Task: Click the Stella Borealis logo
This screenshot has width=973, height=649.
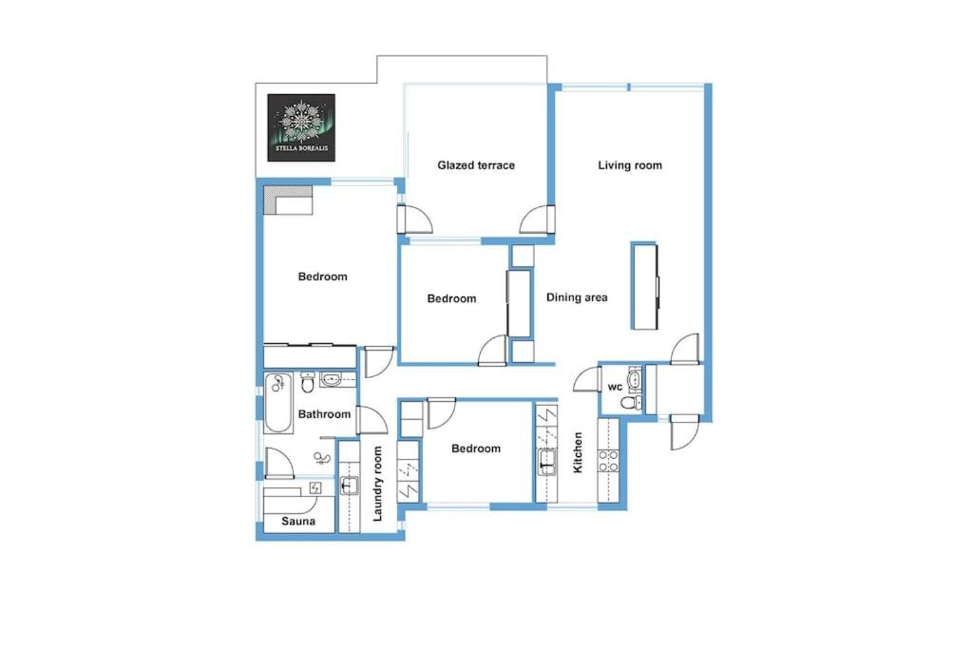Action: coord(301,128)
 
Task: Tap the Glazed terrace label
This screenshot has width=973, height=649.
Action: coord(476,165)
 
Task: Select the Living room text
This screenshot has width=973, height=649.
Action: coord(630,165)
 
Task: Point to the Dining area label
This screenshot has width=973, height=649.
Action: coord(577,297)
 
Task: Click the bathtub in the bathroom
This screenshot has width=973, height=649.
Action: coord(278,403)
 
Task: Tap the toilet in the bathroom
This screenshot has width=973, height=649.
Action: coord(307,382)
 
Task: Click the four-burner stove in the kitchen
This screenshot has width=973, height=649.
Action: coord(607,460)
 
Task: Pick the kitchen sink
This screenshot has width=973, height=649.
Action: coord(546,461)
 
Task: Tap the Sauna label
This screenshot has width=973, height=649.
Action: coord(298,521)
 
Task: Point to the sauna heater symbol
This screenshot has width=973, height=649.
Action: coord(315,487)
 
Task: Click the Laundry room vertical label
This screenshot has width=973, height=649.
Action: coord(377,484)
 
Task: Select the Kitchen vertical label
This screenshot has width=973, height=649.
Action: coord(578,453)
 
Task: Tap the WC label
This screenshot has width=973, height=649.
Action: coord(615,387)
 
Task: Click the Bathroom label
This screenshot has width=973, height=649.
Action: coord(325,414)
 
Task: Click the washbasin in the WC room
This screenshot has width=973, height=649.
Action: coord(634,378)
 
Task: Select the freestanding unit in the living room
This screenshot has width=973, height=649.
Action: coord(644,285)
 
